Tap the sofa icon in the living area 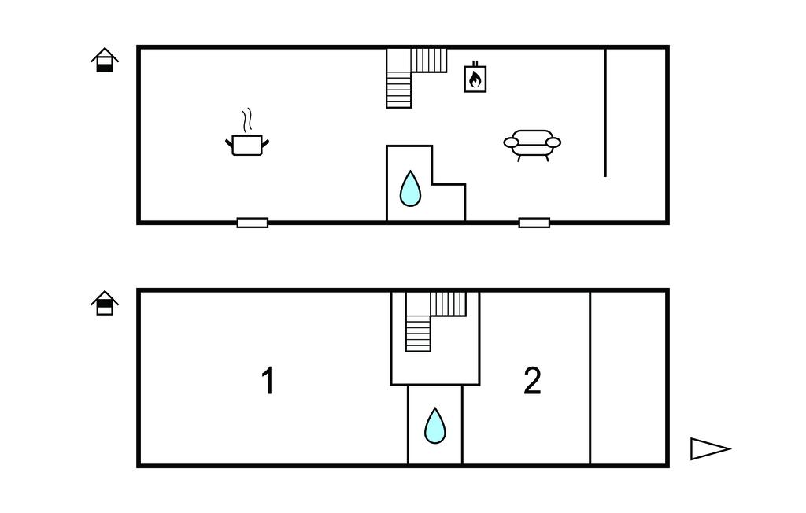tap(532, 146)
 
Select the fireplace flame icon tap(475, 78)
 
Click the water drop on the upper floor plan tap(410, 189)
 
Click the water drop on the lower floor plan tap(434, 426)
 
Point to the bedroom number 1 tap(268, 380)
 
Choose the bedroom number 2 tap(532, 381)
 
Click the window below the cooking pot tap(253, 223)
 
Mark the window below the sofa tap(534, 223)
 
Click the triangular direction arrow tap(710, 448)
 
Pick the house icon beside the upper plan tap(105, 60)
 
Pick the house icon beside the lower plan tap(105, 303)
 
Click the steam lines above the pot tap(247, 120)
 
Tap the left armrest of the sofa tap(511, 142)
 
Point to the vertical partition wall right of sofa tap(605, 112)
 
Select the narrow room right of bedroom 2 tap(628, 378)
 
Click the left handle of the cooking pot tap(229, 143)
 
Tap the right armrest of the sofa tap(553, 142)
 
